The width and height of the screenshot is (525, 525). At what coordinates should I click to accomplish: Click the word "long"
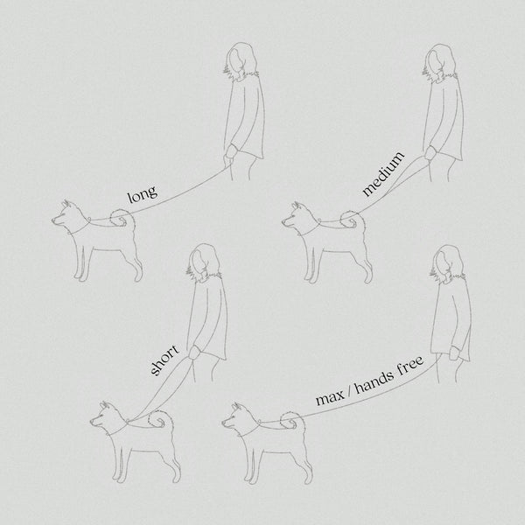click(143, 194)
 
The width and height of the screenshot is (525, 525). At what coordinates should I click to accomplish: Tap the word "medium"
click(383, 174)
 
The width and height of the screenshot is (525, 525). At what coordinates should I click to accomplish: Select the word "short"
click(164, 360)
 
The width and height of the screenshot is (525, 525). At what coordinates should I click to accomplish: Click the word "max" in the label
click(330, 398)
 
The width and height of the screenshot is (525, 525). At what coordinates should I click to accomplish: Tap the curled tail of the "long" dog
click(122, 218)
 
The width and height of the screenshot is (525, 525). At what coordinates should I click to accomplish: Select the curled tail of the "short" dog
click(159, 419)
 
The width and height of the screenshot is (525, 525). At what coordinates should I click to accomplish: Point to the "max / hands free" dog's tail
click(292, 421)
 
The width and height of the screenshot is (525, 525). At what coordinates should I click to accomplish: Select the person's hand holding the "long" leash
click(231, 152)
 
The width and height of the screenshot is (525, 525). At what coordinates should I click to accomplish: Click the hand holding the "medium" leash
click(430, 153)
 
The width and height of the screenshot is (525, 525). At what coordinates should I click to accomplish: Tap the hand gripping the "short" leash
click(194, 353)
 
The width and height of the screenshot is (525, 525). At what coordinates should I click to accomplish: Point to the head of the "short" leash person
click(203, 262)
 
